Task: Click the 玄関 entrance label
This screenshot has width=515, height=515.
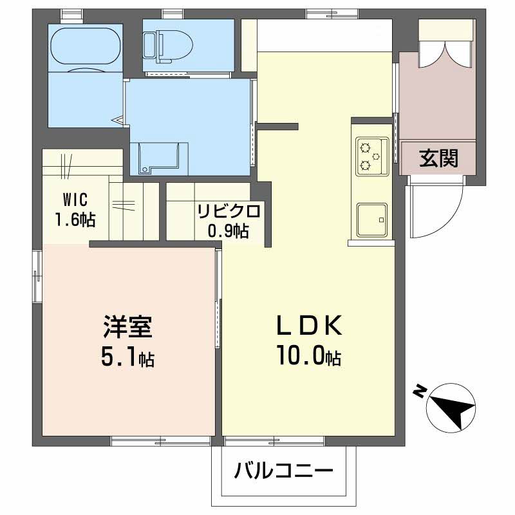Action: pos(439,158)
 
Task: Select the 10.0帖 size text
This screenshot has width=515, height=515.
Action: pos(308,356)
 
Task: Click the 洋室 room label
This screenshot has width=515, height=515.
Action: pos(127,327)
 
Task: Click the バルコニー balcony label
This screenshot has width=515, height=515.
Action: pos(283,473)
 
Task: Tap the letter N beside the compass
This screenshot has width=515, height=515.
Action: pos(420,391)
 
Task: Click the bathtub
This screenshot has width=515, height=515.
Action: pos(86,48)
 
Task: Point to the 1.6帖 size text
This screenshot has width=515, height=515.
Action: pos(75,219)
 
